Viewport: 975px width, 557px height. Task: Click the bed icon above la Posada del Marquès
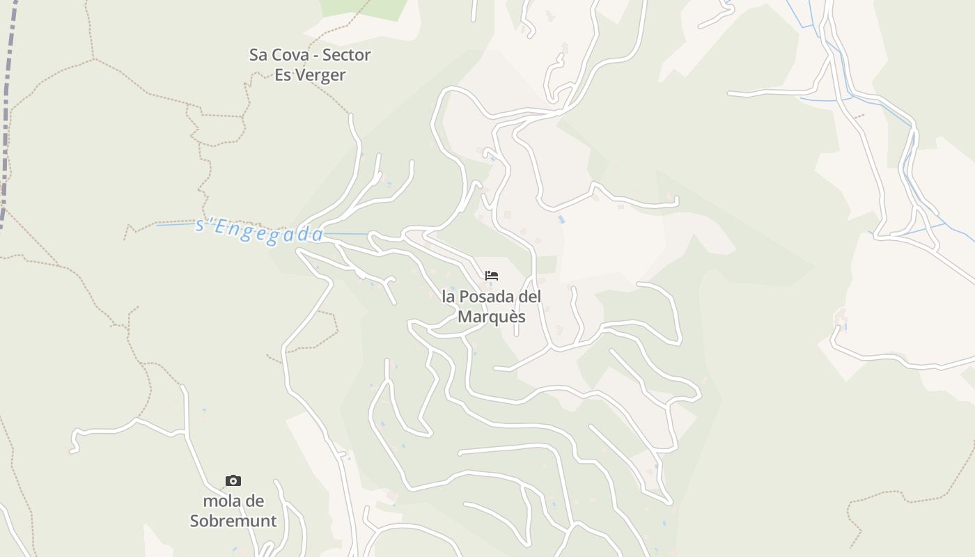pos(492,276)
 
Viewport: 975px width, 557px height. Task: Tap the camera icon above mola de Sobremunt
pos(233,480)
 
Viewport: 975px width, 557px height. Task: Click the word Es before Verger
pos(283,75)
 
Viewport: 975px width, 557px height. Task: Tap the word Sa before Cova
pos(258,55)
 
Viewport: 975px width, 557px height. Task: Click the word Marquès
pos(491,317)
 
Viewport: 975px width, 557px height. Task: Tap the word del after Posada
pos(530,297)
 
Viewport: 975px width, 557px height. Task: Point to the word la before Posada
pos(448,297)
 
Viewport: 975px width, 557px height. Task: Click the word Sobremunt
pos(233,521)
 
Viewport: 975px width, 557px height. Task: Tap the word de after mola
pos(256,501)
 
